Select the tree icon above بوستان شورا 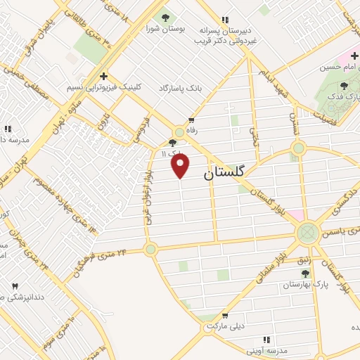(165, 18)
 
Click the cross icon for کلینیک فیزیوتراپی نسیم (103, 76)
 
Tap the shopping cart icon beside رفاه (191, 120)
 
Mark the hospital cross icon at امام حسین (355, 55)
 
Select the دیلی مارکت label (224, 327)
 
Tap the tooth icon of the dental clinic (15, 286)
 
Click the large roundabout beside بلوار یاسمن (307, 232)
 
